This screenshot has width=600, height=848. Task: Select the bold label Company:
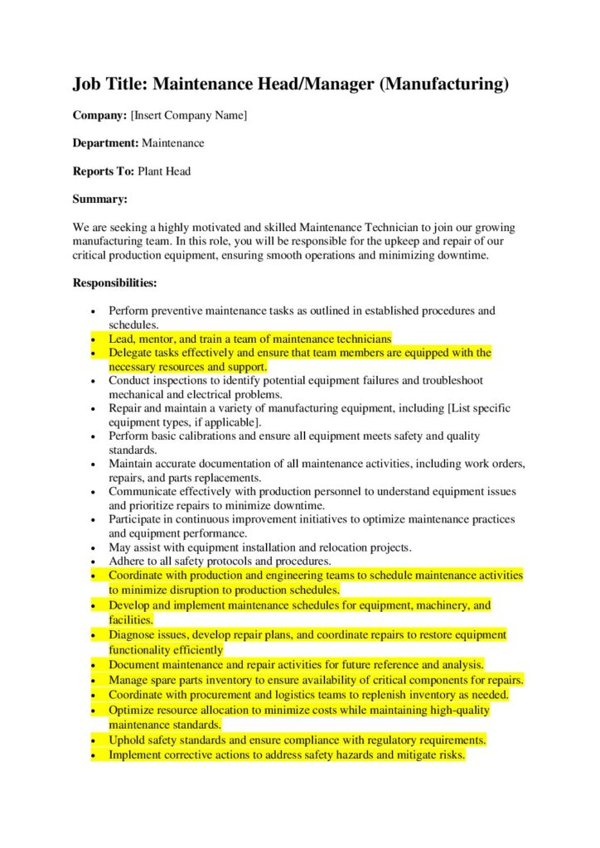(x=99, y=115)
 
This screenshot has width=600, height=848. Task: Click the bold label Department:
(x=105, y=143)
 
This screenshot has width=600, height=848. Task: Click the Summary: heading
(x=100, y=199)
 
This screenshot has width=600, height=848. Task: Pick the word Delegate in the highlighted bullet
(x=131, y=353)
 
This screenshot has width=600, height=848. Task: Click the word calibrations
(x=201, y=436)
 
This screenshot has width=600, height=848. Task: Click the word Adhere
(x=127, y=561)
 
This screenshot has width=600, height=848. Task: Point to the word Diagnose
(x=133, y=635)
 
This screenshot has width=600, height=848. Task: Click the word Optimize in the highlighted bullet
(x=133, y=710)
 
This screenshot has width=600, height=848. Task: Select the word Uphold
(x=128, y=740)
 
